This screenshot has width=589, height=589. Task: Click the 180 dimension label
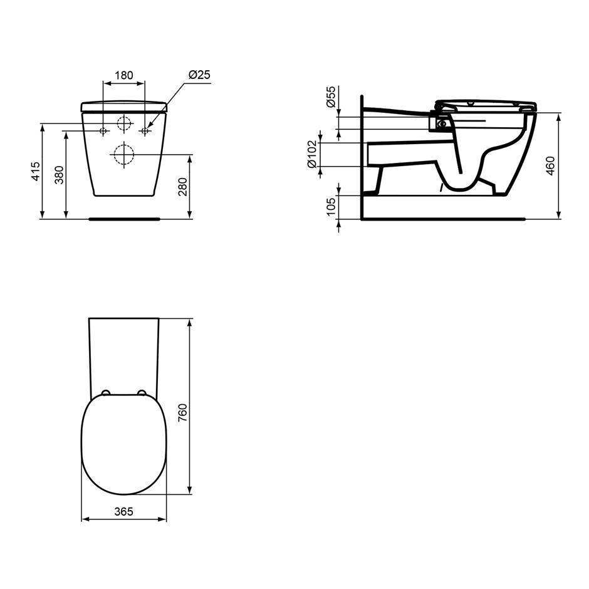click(x=123, y=75)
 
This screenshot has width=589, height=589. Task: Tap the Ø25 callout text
click(x=199, y=75)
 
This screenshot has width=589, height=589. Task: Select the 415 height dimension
click(x=36, y=171)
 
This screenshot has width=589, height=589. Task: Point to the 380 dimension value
click(x=60, y=175)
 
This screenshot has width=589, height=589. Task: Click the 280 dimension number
click(x=182, y=187)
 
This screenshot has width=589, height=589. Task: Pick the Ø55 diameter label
click(x=331, y=96)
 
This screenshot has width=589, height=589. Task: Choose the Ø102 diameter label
click(x=312, y=154)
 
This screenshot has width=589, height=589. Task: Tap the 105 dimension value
click(x=331, y=206)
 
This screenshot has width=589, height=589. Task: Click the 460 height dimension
click(x=551, y=165)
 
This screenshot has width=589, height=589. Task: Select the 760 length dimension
click(x=182, y=412)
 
